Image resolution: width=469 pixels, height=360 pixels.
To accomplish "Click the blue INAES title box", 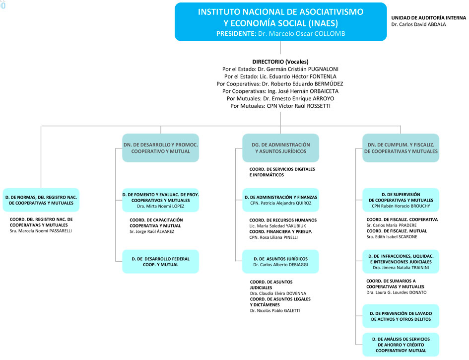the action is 280,22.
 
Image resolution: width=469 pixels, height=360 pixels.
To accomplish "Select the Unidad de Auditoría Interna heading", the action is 429,18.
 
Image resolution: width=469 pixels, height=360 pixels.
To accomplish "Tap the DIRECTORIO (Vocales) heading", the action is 280,62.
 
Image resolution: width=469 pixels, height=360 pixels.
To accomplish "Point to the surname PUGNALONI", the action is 323,69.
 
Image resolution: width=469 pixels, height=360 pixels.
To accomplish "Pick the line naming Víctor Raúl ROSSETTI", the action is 280,106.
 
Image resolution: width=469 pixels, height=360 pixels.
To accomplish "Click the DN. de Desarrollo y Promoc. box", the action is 161,148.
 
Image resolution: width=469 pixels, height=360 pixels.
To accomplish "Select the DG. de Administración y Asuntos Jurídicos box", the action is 280,148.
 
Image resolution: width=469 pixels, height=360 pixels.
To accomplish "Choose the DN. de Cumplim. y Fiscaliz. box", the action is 401,148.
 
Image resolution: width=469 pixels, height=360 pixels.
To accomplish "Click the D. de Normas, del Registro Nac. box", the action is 41,200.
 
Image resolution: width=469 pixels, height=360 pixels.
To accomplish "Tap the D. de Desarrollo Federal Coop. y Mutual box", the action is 161,262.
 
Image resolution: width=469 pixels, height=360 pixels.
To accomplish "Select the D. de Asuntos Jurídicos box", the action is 280,262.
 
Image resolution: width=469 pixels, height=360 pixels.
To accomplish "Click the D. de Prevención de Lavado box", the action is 401,316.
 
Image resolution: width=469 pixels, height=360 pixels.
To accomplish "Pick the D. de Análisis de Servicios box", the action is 401,345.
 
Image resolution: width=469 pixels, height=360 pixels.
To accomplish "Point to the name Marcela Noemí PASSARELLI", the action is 41,231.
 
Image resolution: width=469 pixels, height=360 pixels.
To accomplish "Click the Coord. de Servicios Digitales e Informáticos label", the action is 282,172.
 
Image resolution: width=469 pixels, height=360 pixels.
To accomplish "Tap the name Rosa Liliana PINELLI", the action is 273,237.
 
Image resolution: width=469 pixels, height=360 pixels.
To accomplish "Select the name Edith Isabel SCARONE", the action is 392,237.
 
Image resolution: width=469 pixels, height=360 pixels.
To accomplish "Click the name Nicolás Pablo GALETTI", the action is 275,311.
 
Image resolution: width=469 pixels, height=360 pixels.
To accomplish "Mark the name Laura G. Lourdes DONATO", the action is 397,292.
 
